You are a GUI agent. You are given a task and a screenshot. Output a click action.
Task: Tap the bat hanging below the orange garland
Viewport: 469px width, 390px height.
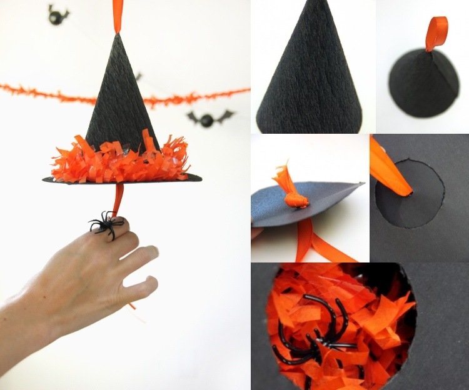coord(209,117)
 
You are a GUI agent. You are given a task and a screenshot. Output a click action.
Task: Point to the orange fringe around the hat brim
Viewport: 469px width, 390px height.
coord(106,161)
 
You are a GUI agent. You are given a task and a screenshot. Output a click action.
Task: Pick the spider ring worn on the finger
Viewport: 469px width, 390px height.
coord(106,224)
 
